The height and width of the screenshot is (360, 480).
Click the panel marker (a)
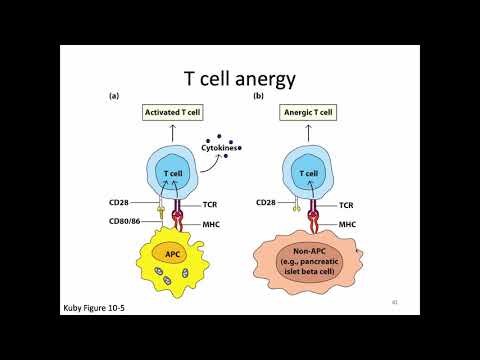pos(114,96)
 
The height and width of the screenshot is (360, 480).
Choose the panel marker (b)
pos(259,96)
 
